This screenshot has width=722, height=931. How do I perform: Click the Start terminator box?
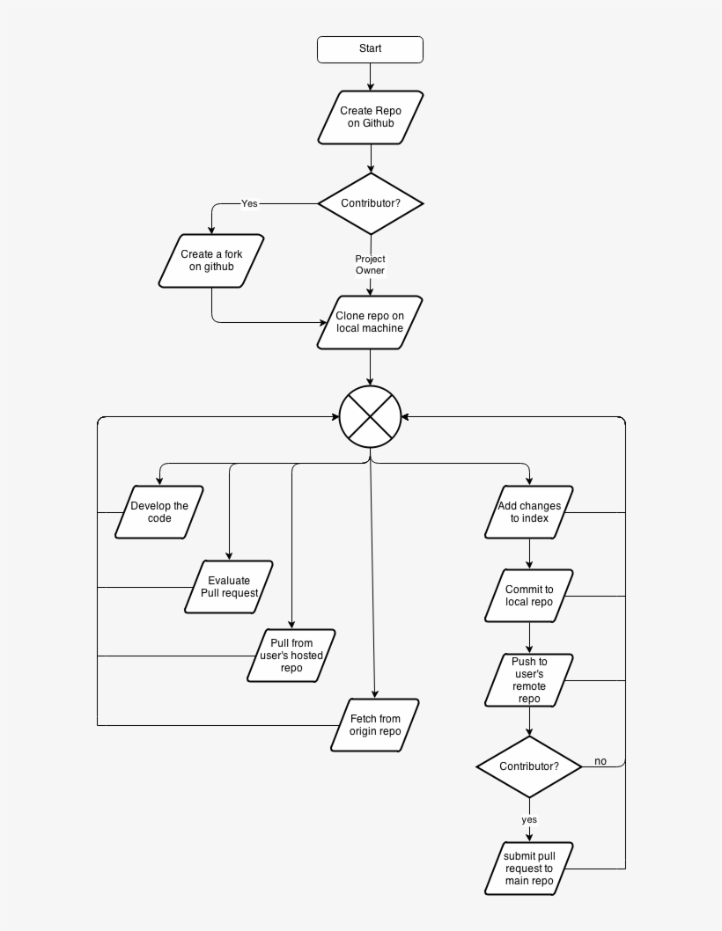[370, 49]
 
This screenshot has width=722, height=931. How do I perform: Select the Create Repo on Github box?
[370, 117]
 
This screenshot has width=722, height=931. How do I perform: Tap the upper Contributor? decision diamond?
[370, 203]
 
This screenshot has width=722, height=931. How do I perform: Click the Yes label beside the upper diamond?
[249, 203]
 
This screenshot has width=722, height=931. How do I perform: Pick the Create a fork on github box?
[211, 260]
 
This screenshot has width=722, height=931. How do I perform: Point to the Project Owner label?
[370, 265]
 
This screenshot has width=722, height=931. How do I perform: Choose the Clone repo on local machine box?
[370, 322]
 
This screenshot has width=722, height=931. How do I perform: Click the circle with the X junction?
[370, 416]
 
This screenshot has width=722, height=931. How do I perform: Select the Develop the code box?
[159, 512]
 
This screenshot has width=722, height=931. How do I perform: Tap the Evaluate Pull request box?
[229, 587]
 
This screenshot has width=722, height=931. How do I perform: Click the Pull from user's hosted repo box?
[291, 656]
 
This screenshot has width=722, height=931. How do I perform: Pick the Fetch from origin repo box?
[375, 725]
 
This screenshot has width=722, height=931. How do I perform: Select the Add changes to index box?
[529, 512]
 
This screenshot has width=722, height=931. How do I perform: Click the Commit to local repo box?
[529, 596]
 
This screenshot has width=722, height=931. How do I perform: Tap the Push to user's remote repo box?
[529, 680]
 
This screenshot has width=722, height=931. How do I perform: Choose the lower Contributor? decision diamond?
[529, 766]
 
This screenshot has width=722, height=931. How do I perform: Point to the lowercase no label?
[600, 761]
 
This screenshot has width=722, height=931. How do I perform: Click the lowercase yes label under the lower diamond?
[529, 819]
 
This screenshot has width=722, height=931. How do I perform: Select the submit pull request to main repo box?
[529, 869]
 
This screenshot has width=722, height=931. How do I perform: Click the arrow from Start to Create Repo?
[370, 77]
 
